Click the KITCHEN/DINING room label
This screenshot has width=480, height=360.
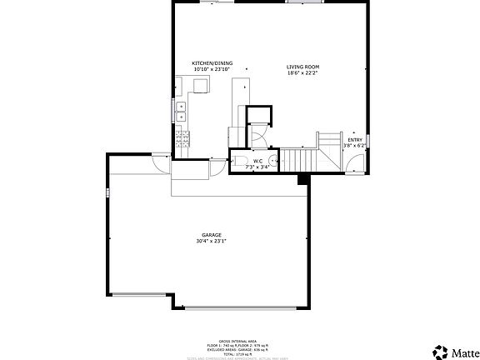click(x=212, y=63)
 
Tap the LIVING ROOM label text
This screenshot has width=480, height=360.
click(x=302, y=67)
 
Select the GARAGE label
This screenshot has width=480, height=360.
click(x=211, y=235)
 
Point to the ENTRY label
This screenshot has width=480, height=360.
click(x=355, y=140)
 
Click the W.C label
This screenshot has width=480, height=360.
click(x=258, y=161)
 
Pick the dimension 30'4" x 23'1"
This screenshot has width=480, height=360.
click(x=211, y=242)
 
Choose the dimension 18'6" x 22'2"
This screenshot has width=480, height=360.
click(x=302, y=72)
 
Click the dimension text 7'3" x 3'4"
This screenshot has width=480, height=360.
click(x=258, y=167)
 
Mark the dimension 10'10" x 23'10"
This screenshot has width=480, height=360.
click(x=212, y=69)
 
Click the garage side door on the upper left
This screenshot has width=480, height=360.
click(x=154, y=167)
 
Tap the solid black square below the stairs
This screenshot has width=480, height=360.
click(x=303, y=178)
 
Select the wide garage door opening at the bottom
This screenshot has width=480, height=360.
click(x=241, y=307)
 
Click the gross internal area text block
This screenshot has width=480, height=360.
click(x=239, y=348)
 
